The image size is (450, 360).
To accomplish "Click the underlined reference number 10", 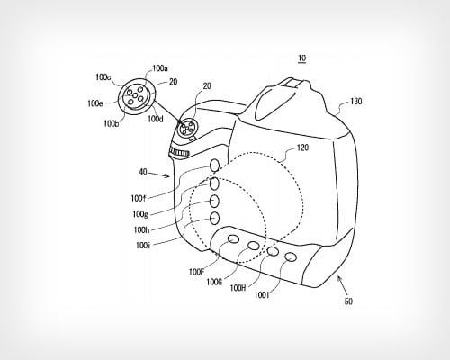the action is point(302,58).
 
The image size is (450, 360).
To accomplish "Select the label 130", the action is point(355,102).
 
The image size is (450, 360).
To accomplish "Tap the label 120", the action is point(302,148).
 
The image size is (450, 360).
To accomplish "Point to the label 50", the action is point(348,301).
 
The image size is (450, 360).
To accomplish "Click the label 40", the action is point(143,172).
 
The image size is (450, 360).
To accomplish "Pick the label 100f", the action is point(139,198).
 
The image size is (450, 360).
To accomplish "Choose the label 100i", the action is point(143,246).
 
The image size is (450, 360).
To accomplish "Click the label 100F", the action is point(196,272).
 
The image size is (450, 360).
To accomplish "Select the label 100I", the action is point(262,295).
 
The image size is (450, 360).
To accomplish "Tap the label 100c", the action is point(103,77).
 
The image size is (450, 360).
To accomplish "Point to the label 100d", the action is point(156,119).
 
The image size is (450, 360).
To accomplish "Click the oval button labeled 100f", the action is point(214,166).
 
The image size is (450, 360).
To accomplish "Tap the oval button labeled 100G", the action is point(254,246).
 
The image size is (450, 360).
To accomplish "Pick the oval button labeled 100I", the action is point(291,256).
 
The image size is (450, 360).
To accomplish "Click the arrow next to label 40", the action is point(159,175).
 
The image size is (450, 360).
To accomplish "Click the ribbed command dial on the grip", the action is point(179,152).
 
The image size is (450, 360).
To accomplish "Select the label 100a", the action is point(160,68).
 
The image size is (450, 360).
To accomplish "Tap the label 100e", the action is point(95,103).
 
